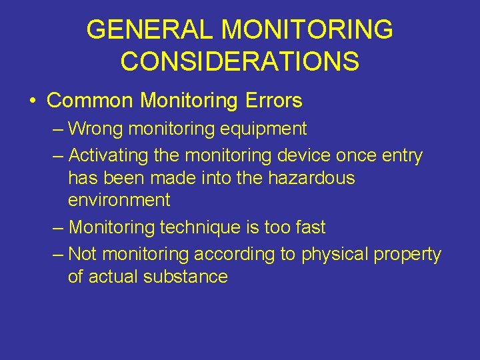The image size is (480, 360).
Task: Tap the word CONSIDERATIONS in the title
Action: pyautogui.click(x=240, y=61)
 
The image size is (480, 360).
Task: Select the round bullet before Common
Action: pyautogui.click(x=33, y=101)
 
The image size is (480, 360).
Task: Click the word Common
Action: pyautogui.click(x=91, y=101)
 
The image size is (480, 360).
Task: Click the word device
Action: pyautogui.click(x=308, y=156)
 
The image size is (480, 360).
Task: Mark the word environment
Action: pyautogui.click(x=119, y=200)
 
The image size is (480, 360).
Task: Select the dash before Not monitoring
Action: pyautogui.click(x=58, y=255)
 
